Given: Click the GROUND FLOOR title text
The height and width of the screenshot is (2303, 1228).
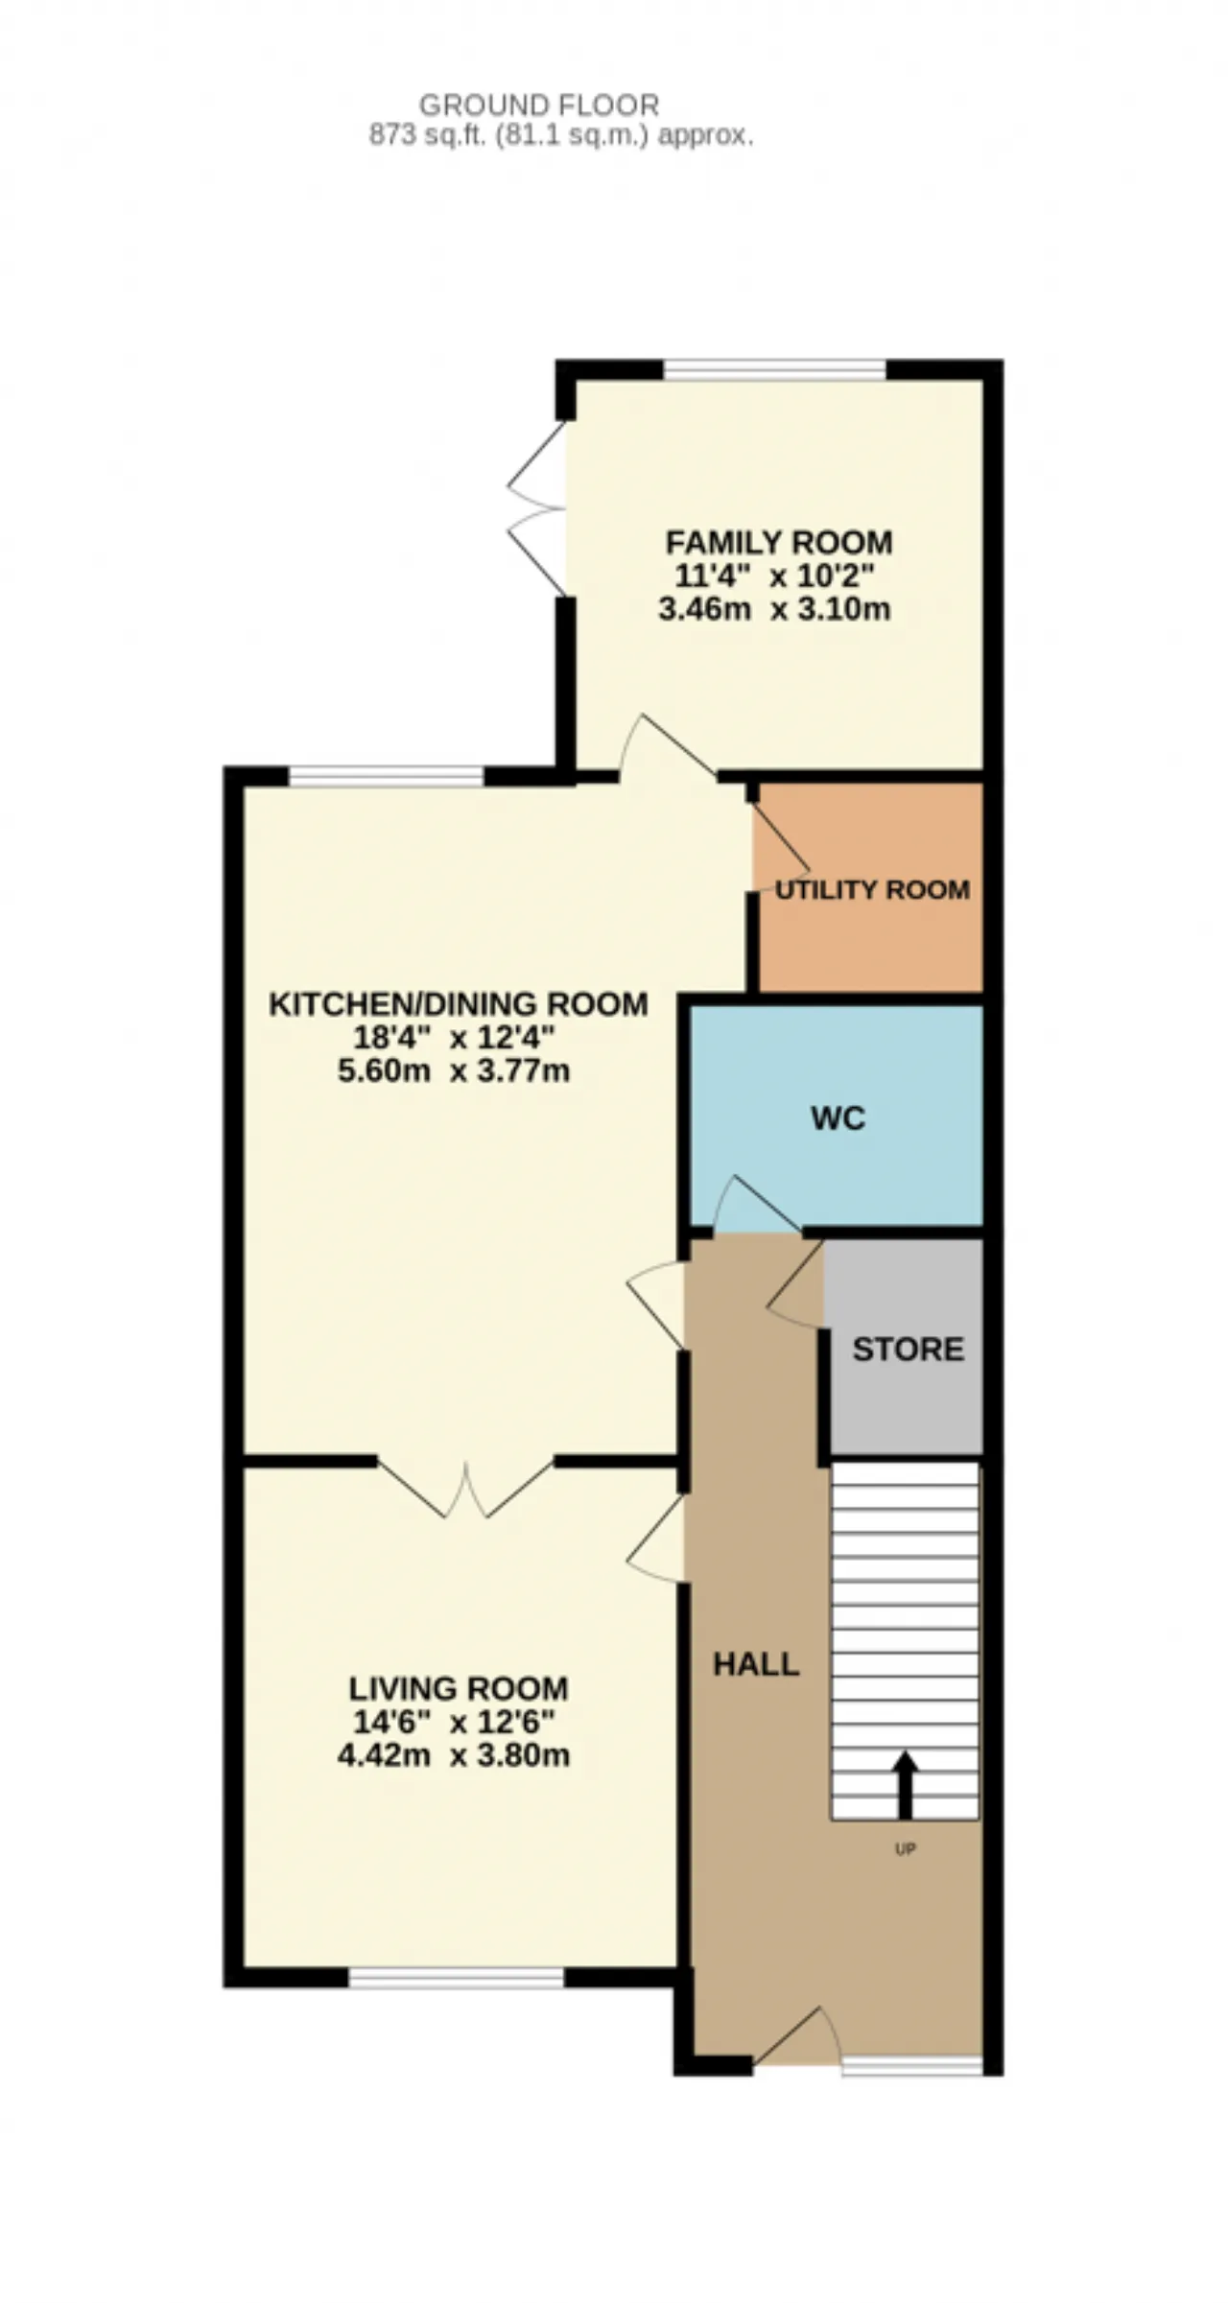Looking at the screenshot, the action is [x=539, y=105].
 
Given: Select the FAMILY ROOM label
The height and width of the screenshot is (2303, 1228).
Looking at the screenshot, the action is [x=779, y=542].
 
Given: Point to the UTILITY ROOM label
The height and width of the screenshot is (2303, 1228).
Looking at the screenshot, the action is [x=872, y=890].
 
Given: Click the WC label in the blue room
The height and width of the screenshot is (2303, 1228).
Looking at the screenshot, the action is [x=838, y=1118].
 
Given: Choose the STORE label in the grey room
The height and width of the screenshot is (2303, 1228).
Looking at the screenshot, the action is [x=908, y=1350].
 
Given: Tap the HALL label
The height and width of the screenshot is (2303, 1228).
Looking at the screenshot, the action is [x=756, y=1664].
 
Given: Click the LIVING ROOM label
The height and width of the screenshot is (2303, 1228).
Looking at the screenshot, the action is [x=459, y=1688].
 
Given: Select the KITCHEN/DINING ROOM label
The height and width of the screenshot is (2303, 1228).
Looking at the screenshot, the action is [x=459, y=1004].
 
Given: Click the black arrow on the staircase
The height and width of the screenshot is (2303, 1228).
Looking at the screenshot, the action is [x=905, y=1786].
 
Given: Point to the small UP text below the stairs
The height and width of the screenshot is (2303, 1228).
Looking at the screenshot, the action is [x=905, y=1849].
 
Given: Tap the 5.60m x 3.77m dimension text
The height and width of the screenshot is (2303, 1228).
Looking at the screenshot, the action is [x=454, y=1070].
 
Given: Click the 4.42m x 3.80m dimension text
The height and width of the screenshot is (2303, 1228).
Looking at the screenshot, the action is [x=454, y=1755].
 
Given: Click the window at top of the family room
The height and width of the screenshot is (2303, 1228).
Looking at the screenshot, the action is [x=775, y=370].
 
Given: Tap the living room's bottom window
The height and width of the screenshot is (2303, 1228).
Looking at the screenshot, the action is [x=457, y=1977].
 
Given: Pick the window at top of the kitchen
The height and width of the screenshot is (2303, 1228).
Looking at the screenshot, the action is [x=387, y=776].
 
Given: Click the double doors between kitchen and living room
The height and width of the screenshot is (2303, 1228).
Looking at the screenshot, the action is [x=466, y=1488].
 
